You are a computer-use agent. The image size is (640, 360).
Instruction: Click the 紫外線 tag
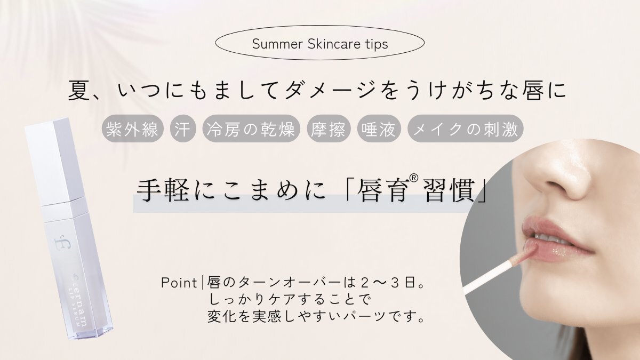click(x=133, y=129)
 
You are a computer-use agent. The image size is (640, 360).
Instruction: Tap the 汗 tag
click(x=183, y=129)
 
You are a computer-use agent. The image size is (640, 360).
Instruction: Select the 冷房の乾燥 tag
click(x=251, y=129)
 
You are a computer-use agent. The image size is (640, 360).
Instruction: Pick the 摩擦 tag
click(x=329, y=129)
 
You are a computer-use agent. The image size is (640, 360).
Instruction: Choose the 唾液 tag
click(x=379, y=129)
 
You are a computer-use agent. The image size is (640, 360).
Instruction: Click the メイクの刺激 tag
click(x=466, y=129)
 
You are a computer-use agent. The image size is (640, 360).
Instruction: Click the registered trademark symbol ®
click(x=414, y=178)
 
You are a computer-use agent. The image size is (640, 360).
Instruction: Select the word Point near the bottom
click(x=179, y=283)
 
